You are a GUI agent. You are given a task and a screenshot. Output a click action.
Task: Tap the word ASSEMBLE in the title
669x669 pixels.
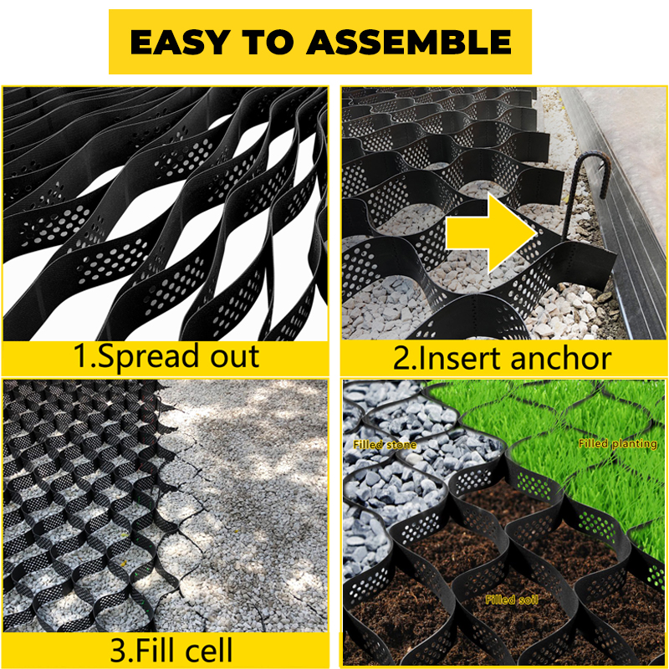pyautogui.click(x=409, y=42)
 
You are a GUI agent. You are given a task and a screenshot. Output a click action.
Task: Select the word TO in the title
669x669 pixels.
pyautogui.click(x=268, y=42)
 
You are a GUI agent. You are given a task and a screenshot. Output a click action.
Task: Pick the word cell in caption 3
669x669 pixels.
pyautogui.click(x=209, y=651)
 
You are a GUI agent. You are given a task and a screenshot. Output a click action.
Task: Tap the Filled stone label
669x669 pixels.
pyautogui.click(x=385, y=445)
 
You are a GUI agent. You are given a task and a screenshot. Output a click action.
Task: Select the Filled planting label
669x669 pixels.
pyautogui.click(x=617, y=444)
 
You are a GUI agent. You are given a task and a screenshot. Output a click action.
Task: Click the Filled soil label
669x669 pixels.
pyautogui.click(x=512, y=600)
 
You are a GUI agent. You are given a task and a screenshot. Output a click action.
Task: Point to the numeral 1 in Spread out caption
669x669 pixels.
pyautogui.click(x=80, y=356)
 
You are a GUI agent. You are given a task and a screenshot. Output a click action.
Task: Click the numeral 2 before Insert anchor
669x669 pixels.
pyautogui.click(x=402, y=359)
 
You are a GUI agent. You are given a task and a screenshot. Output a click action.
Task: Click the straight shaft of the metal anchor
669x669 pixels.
pyautogui.click(x=570, y=209)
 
